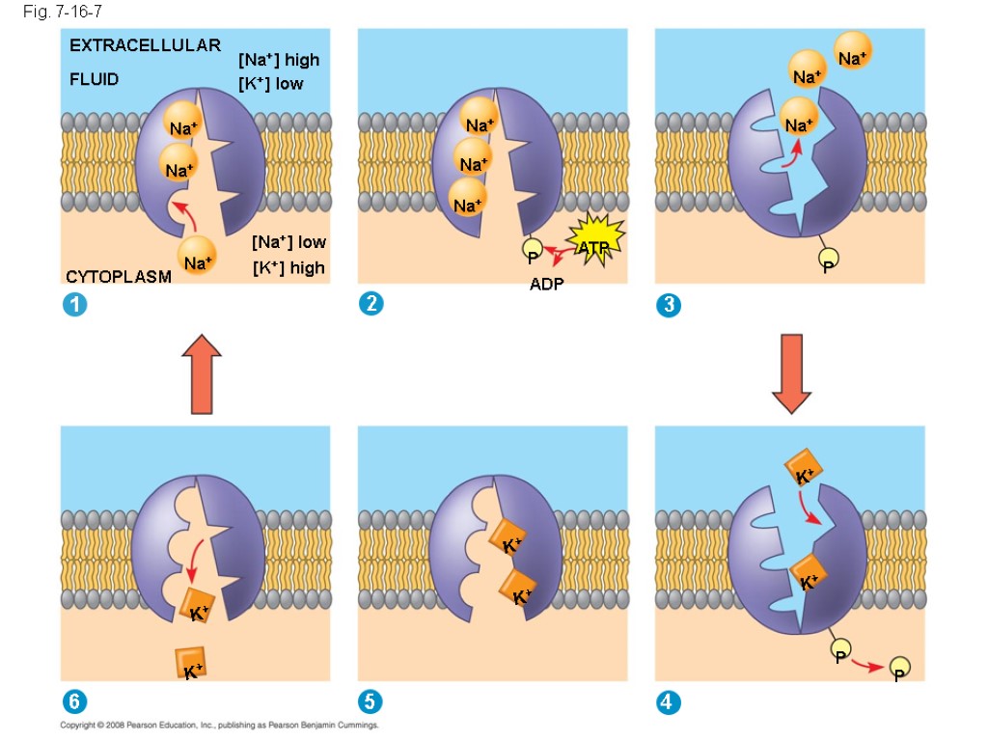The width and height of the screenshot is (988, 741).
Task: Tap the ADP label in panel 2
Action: tap(546, 284)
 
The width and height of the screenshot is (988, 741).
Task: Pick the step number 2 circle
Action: tap(370, 304)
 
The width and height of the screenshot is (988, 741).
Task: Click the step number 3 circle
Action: tap(668, 305)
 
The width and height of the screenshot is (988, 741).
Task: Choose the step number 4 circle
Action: tap(668, 702)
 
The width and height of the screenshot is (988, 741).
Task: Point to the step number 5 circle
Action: tap(370, 702)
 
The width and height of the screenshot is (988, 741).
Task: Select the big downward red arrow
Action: tap(791, 371)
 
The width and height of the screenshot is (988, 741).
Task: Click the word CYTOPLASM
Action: tap(119, 277)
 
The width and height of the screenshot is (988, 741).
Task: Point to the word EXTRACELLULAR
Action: tap(145, 45)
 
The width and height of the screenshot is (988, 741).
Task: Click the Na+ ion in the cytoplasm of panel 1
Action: tap(198, 261)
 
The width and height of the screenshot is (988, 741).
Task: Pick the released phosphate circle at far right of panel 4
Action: tap(899, 668)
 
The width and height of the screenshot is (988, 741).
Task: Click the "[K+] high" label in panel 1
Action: tap(288, 267)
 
